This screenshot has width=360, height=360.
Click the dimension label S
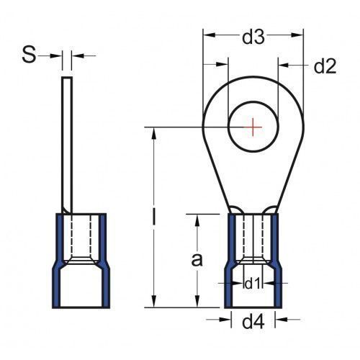[x=29, y=55]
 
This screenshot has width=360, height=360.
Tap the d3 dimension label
[x=253, y=37]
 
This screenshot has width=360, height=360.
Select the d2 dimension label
[x=325, y=66]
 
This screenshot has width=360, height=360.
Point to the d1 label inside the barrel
[x=253, y=284]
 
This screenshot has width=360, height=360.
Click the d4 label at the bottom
[x=253, y=322]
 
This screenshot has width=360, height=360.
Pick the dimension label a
[x=197, y=260]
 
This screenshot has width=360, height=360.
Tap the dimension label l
[x=154, y=217]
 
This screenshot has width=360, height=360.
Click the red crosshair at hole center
[x=253, y=127]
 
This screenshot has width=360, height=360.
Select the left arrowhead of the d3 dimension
[x=209, y=35]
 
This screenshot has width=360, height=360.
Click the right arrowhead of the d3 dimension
[x=297, y=35]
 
